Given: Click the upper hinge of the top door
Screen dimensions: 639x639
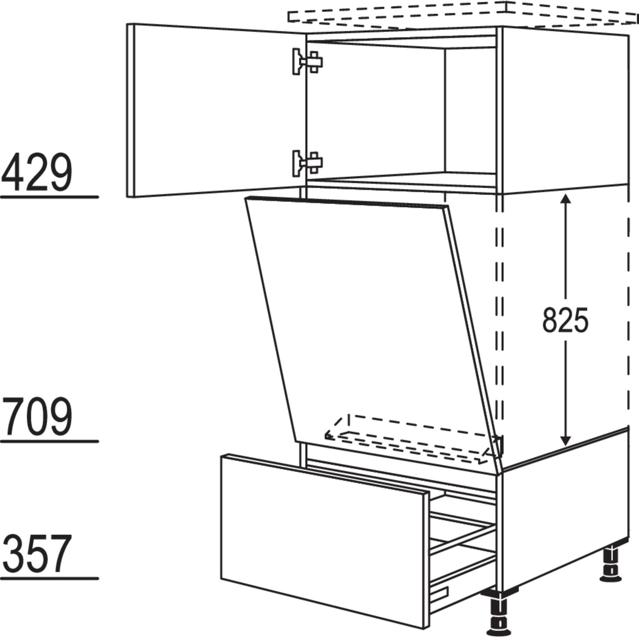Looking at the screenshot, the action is point(307,62).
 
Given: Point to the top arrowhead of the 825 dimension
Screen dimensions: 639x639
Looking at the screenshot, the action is point(565,201).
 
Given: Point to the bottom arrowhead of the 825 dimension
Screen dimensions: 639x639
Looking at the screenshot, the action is point(565,439).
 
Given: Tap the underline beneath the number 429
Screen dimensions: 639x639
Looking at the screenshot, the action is point(49,197).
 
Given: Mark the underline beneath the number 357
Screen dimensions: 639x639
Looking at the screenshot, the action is point(49,579).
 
